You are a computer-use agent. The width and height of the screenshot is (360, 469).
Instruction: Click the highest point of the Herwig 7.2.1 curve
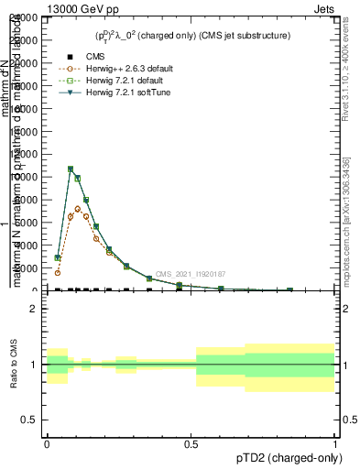point(71,169)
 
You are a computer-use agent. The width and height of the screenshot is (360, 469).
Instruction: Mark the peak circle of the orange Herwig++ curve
point(78,209)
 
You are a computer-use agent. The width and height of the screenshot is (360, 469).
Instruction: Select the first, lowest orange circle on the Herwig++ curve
point(57,272)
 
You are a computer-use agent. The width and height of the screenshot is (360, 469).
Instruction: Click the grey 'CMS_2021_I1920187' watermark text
point(190,274)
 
